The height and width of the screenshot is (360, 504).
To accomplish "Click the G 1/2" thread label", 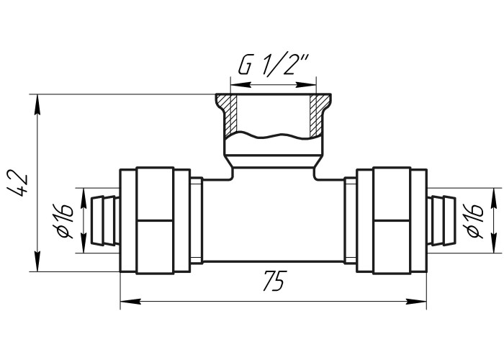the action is tap(274, 66).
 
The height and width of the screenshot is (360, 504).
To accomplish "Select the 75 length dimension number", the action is tap(274, 281).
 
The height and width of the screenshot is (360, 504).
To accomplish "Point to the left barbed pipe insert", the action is tap(104, 221).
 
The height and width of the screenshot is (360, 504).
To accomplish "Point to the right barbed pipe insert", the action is tap(441, 221).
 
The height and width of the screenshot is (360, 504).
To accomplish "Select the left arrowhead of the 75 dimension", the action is tap(130, 302).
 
